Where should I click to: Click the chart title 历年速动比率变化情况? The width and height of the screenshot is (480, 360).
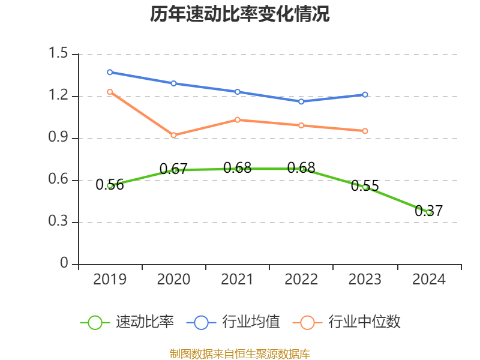(240, 14)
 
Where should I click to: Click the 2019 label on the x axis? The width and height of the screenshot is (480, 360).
(110, 280)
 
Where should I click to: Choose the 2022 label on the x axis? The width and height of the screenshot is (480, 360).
(301, 280)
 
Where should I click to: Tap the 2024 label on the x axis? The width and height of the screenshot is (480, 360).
(429, 280)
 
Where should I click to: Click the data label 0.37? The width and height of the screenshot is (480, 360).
(429, 211)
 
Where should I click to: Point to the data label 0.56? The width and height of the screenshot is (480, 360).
(110, 185)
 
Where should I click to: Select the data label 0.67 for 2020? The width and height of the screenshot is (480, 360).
(174, 169)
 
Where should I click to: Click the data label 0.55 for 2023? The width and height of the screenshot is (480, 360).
(365, 186)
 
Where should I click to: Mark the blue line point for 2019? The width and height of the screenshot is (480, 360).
(110, 72)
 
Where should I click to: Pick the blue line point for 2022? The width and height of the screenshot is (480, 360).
(301, 101)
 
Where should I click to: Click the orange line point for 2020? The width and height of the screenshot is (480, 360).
(174, 136)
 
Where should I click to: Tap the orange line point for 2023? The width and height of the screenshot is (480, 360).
(365, 131)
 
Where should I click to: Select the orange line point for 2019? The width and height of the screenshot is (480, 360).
(110, 92)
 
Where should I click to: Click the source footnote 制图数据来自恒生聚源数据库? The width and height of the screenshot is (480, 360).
(240, 353)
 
